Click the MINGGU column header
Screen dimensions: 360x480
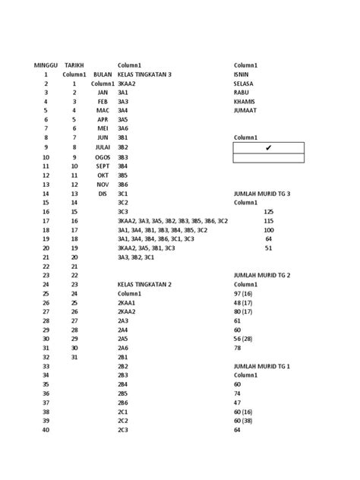pos(46,66)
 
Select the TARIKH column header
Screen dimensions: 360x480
pos(74,66)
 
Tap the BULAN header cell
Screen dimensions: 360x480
pos(103,74)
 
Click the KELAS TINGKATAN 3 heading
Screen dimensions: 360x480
pos(144,74)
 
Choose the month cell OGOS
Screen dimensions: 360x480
pos(103,157)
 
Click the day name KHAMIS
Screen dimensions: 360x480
pos(245,101)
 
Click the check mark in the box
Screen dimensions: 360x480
pos(268,147)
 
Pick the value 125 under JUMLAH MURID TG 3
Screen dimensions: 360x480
pos(268,212)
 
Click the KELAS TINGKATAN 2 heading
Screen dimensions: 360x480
pos(144,284)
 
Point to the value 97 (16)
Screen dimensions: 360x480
pos(245,293)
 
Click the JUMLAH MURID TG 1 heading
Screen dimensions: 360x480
pos(261,366)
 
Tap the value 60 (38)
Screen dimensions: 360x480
pos(245,420)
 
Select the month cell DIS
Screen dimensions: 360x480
pos(103,194)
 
